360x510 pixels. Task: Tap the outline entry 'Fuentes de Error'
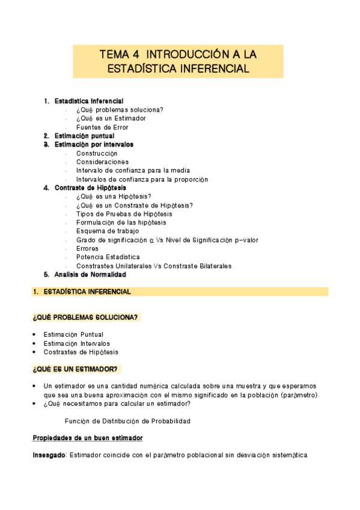click(102, 127)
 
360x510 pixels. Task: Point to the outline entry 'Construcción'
click(97, 153)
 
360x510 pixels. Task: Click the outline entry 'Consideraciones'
click(102, 162)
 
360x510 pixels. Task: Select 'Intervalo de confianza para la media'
click(133, 171)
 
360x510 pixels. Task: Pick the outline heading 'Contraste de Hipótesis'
click(90, 188)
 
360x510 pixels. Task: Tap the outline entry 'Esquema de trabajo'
click(108, 231)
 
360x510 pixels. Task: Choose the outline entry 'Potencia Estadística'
click(108, 257)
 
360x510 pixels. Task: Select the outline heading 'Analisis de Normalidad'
click(90, 274)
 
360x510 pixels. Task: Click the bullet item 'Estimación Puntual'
click(73, 334)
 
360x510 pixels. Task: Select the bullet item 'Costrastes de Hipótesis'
click(81, 352)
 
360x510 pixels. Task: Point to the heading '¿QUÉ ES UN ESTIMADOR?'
click(75, 369)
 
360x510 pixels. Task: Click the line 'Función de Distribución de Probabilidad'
click(127, 421)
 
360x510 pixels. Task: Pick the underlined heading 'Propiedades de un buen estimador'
click(87, 438)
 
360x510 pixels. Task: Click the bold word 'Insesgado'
click(49, 455)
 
